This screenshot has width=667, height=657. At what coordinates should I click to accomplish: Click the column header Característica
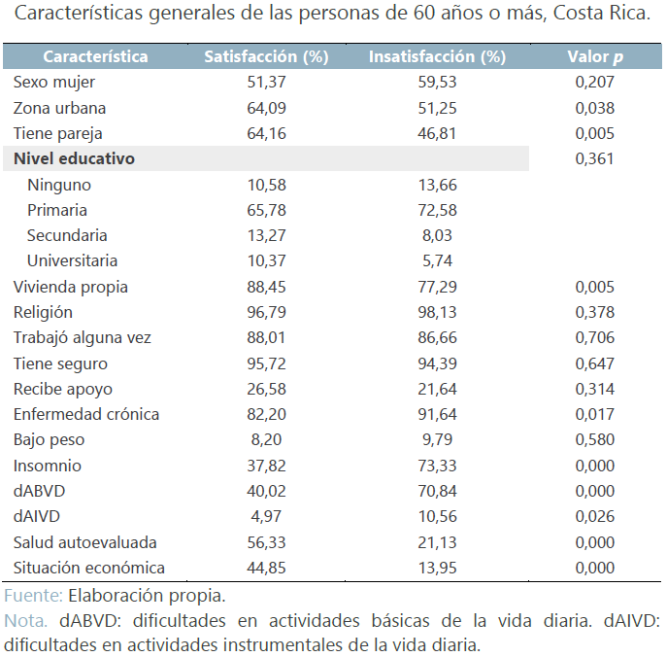(x=95, y=56)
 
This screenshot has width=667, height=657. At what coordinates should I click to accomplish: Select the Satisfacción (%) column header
(x=266, y=56)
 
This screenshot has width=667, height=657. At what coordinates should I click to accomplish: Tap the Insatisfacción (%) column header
(x=437, y=56)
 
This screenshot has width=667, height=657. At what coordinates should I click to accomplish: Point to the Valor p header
(x=594, y=56)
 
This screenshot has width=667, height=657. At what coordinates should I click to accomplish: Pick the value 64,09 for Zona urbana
(x=266, y=108)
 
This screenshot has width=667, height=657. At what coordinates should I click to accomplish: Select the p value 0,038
(x=594, y=108)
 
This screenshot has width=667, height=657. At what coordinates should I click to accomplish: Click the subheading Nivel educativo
(x=74, y=158)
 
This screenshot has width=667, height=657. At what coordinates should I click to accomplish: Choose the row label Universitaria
(x=73, y=260)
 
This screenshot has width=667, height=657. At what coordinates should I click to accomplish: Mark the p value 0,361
(x=594, y=158)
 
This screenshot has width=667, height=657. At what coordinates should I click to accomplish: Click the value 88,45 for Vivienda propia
(x=266, y=287)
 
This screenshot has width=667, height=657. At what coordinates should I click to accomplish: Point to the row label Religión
(x=43, y=312)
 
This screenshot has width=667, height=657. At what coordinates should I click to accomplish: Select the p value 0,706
(x=594, y=337)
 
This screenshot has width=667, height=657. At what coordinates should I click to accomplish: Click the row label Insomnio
(x=48, y=466)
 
